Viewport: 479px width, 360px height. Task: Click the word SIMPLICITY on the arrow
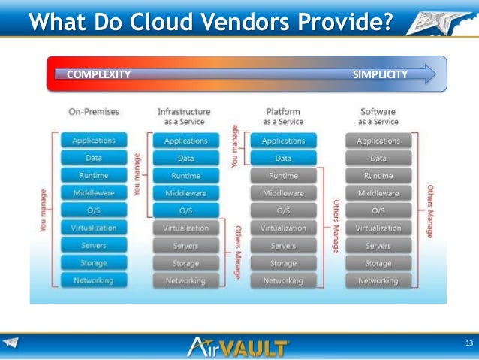[380, 74]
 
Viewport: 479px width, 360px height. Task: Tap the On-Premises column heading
[93, 112]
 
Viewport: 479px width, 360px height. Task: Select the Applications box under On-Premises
[93, 141]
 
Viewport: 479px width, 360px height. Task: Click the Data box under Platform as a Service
[283, 159]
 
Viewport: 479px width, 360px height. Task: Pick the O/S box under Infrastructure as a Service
[185, 210]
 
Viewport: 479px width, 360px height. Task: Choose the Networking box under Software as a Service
[378, 280]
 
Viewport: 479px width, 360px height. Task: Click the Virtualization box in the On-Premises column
[93, 228]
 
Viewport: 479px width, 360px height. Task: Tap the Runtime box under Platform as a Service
[283, 176]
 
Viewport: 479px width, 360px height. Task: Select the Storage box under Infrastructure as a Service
[185, 263]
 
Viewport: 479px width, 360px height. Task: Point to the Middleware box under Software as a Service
[378, 193]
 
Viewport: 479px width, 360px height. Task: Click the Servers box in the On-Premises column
[93, 245]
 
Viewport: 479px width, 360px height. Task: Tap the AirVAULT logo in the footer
[239, 347]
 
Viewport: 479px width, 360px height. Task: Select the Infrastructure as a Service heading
[184, 116]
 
